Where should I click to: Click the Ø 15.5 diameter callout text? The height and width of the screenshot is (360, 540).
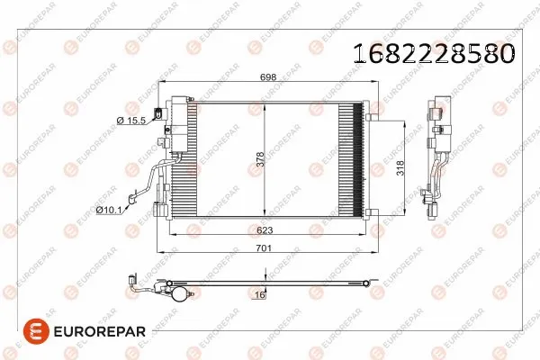click(x=132, y=121)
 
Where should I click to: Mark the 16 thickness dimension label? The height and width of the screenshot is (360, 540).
click(x=259, y=294)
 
